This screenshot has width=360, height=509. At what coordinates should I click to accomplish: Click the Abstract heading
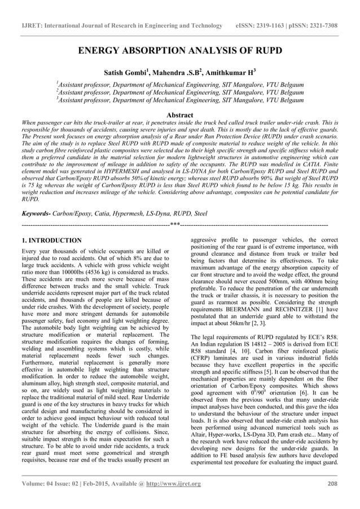tap(179, 115)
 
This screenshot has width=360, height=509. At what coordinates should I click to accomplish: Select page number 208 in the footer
tap(332, 484)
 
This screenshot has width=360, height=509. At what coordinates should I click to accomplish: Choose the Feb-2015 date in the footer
tap(93, 484)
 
